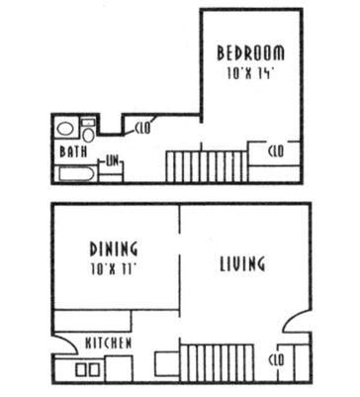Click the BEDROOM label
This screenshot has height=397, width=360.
250,53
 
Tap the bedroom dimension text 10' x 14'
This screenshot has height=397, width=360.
250,73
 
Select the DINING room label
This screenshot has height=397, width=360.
114,248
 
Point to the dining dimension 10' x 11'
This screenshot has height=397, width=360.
114,269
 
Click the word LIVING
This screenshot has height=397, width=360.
242,263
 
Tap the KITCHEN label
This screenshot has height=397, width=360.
109,344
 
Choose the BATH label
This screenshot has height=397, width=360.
73,151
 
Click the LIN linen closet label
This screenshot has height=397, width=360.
112,161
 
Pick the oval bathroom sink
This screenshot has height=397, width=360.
65,129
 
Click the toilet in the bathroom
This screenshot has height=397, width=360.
88,131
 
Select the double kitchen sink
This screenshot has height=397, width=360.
88,370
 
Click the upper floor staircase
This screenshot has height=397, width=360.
207,166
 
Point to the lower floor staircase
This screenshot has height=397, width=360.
218,363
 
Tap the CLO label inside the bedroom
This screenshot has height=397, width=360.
276,151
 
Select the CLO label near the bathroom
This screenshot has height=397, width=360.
142,128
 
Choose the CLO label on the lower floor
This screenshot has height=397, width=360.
276,360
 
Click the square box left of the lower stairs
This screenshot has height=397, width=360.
167,363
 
